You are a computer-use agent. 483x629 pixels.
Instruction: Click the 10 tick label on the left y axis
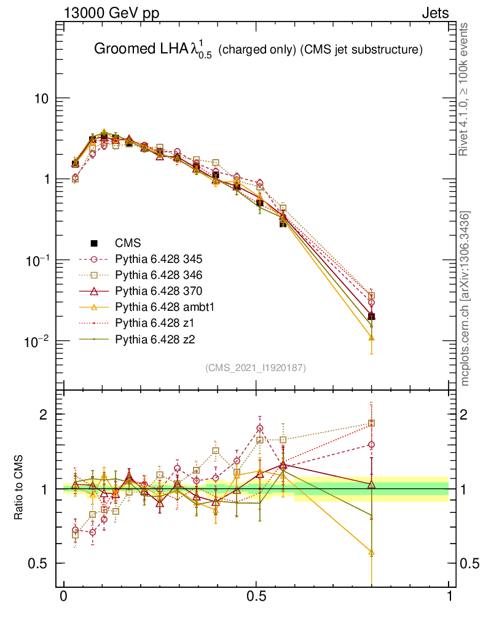[x=41, y=99]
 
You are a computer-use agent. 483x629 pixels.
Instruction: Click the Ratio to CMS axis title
[x=19, y=489]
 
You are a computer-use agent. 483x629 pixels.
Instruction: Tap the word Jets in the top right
[x=434, y=14]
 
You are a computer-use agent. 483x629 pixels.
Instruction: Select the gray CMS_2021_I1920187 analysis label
[x=256, y=367]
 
